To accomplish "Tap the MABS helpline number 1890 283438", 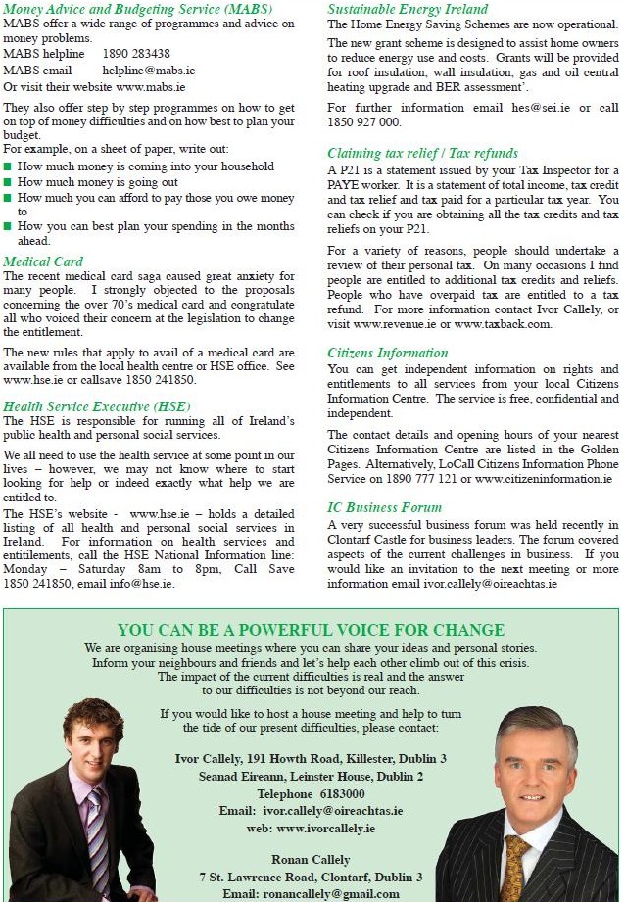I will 135,54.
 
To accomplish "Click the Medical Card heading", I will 43,261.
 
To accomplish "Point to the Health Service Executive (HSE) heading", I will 97,406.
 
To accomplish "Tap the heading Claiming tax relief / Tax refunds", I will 422,154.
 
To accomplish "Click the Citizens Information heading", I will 387,353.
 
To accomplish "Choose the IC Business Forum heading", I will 384,507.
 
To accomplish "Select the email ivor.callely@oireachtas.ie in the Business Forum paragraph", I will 490,584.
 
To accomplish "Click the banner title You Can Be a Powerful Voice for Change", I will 312,630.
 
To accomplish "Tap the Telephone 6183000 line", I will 311,793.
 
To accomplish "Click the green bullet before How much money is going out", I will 9,182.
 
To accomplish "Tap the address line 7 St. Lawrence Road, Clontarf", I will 311,877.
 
